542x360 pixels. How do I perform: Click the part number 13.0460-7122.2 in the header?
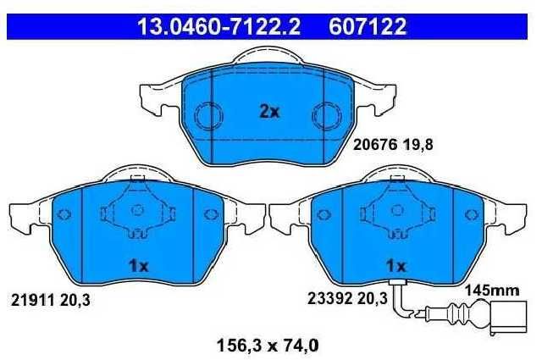(218, 26)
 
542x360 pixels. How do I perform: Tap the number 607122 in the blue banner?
(368, 26)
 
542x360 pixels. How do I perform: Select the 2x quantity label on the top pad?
(269, 112)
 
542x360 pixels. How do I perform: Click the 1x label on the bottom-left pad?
(138, 266)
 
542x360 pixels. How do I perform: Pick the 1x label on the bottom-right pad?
(396, 266)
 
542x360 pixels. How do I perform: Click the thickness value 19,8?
(418, 145)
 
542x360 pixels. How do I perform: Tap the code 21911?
(33, 300)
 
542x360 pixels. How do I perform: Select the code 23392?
(329, 298)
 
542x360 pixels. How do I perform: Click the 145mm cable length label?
(491, 291)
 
